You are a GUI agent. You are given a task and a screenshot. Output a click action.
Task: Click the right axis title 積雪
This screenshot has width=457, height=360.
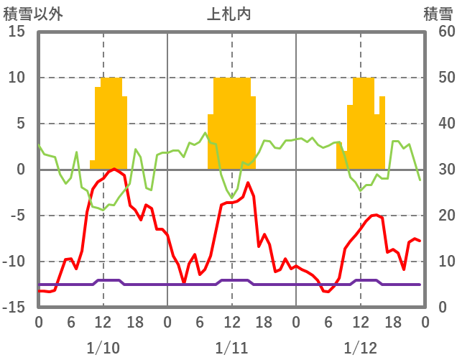tap(437, 13)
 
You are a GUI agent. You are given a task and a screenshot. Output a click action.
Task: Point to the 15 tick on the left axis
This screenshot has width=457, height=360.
tap(17, 32)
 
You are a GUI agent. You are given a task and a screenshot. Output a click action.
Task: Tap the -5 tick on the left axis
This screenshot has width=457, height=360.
tap(17, 216)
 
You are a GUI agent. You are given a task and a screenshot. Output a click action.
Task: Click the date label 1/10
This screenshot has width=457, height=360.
tap(103, 348)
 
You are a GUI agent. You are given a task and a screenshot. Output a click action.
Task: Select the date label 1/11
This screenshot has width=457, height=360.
tap(231, 348)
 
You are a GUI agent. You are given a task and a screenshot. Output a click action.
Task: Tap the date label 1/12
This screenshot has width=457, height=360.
tap(360, 348)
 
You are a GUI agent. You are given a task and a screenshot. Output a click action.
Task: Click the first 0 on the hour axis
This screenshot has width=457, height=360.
tap(39, 322)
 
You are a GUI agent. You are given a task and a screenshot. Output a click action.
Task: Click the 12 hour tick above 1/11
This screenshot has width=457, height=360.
tap(231, 322)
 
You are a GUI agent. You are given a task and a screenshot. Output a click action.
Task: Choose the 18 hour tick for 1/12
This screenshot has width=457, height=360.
tap(392, 322)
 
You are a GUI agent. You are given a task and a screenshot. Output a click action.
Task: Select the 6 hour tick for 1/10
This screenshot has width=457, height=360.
tap(71, 322)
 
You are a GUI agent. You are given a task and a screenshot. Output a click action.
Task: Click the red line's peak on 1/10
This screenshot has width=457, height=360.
tap(114, 169)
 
